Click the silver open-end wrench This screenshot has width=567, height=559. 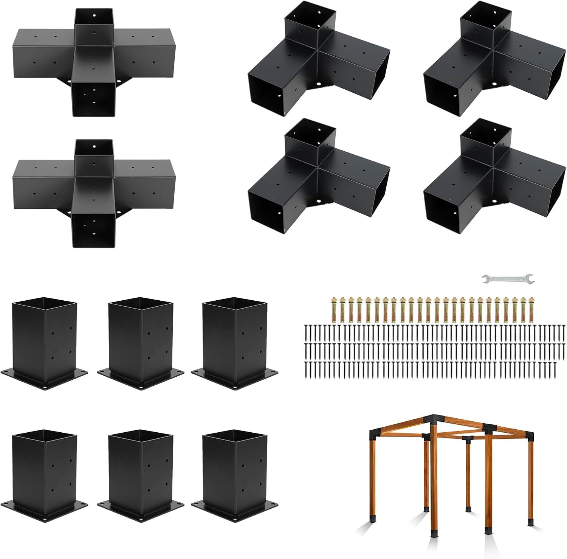tap(508, 279)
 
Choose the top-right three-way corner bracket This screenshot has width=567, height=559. tap(493, 62)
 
